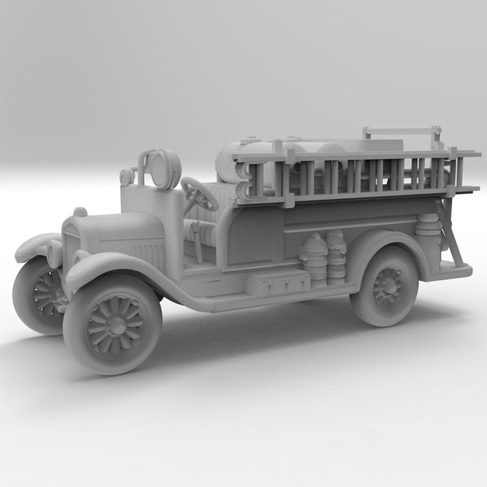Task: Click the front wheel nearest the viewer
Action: coord(112,324)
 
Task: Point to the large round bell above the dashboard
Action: coord(168,168)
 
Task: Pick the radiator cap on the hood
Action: coord(80,213)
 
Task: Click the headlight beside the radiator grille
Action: coord(54,253)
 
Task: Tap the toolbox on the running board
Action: coord(277,282)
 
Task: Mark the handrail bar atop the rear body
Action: coord(402,129)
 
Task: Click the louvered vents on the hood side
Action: coord(149,255)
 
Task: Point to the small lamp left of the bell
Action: coord(127,176)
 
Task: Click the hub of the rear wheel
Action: coord(388,287)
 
